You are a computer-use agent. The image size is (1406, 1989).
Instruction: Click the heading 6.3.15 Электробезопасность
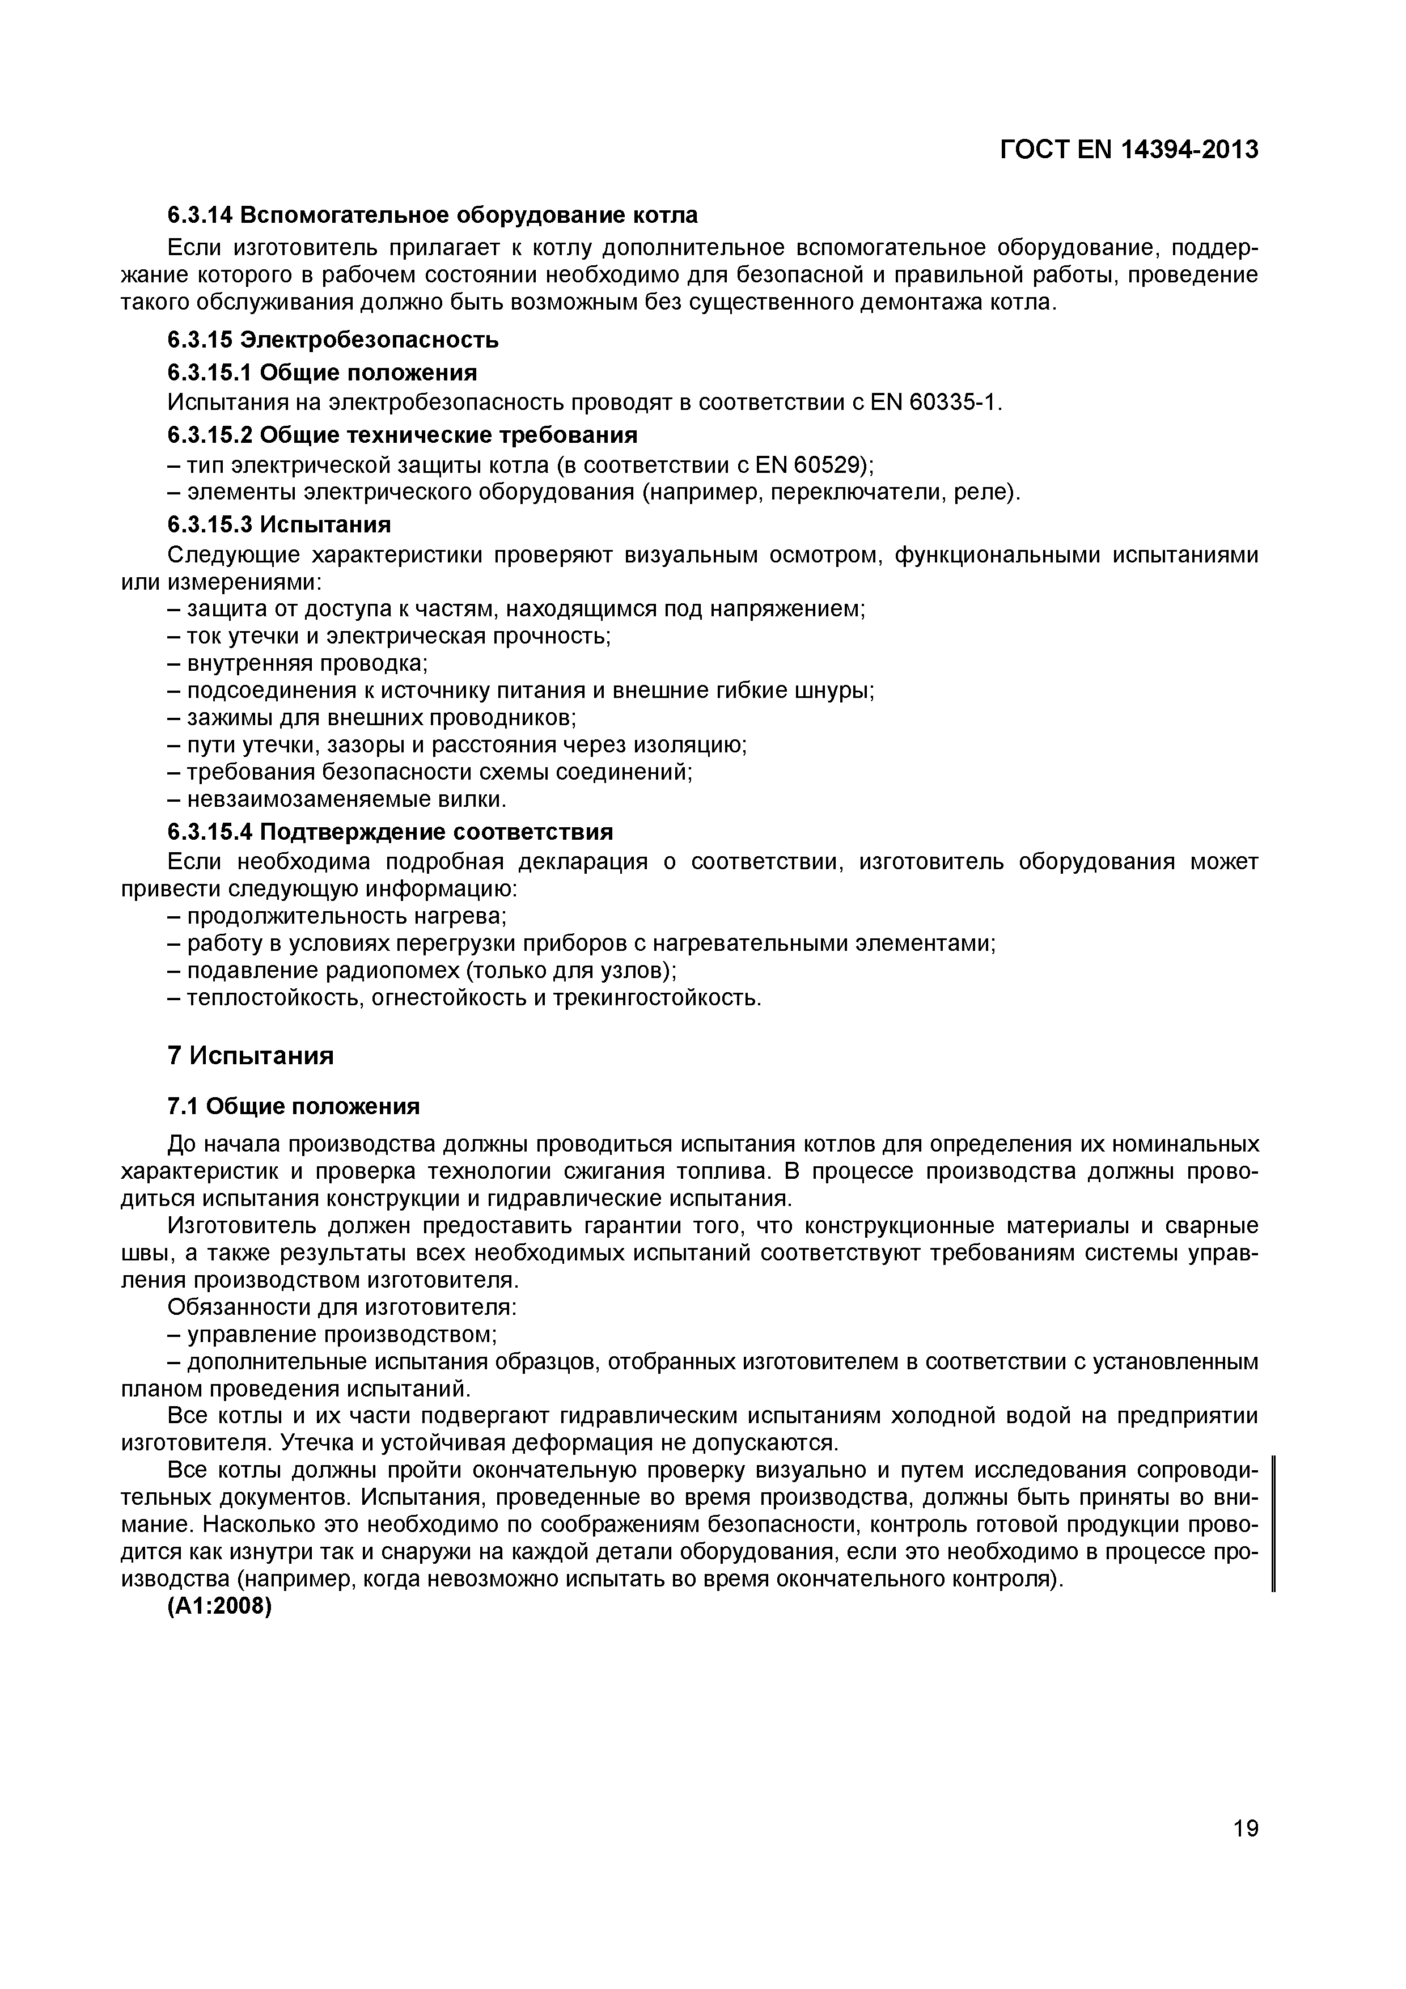[333, 340]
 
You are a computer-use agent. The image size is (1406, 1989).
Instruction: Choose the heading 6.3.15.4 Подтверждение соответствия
[390, 832]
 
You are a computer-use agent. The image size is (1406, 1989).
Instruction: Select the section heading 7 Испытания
[251, 1056]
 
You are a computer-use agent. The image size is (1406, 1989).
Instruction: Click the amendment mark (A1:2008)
[219, 1607]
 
